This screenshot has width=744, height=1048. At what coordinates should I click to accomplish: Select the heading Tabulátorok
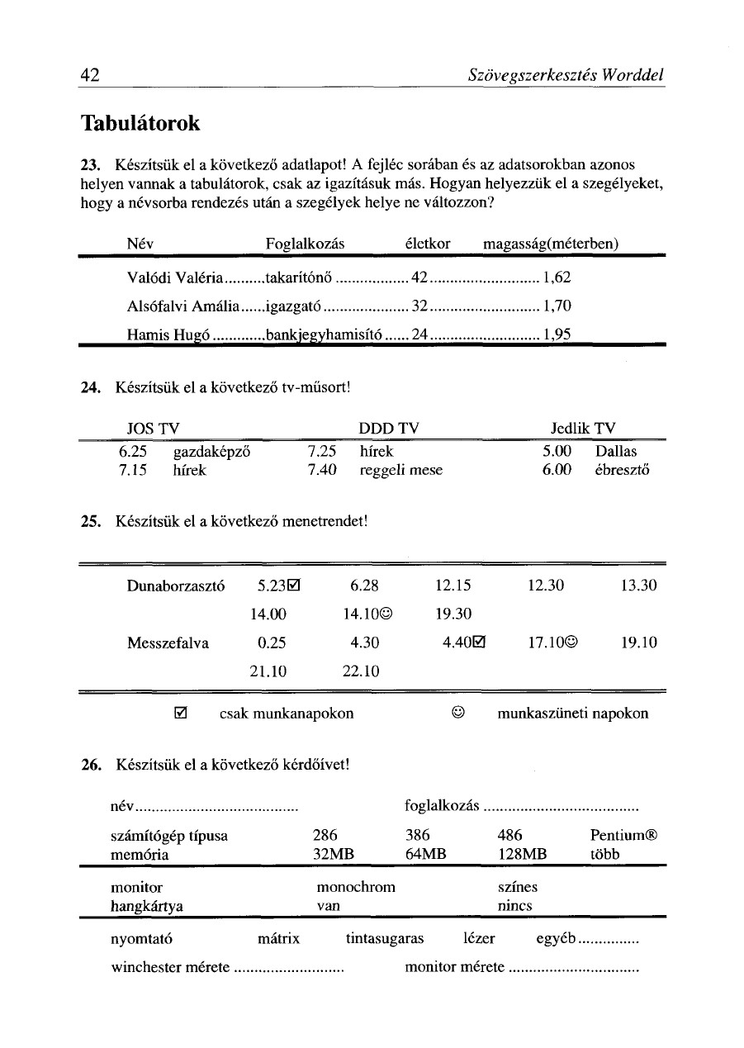tap(140, 124)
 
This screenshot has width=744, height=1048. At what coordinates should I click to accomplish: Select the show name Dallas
tap(616, 452)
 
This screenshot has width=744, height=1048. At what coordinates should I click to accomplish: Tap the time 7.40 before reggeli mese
tap(320, 470)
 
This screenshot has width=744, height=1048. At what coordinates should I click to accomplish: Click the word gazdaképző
tap(211, 452)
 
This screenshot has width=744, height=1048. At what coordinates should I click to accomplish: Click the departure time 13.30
tap(639, 586)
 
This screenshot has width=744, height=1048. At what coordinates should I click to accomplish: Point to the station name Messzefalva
tap(168, 642)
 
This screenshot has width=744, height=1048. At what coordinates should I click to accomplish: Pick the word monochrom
tap(356, 887)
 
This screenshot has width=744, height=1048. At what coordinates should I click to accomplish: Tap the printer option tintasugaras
tap(384, 939)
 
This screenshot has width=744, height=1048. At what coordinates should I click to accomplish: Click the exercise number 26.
tap(91, 764)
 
